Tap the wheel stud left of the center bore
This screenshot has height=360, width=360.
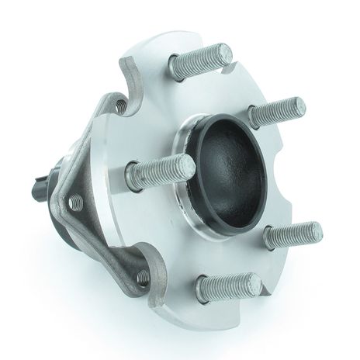[159, 169]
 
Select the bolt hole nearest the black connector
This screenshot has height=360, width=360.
[74, 202]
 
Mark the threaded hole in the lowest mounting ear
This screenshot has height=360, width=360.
[143, 275]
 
